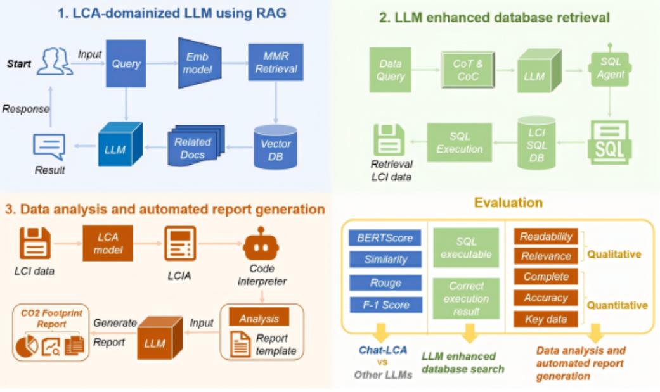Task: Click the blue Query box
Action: (x=126, y=63)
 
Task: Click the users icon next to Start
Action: (x=56, y=63)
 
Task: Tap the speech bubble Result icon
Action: (x=49, y=147)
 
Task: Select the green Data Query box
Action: (x=391, y=70)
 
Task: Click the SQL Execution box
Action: (x=460, y=143)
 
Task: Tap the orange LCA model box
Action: (x=108, y=243)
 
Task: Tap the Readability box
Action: (x=546, y=237)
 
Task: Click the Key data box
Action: (x=546, y=319)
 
